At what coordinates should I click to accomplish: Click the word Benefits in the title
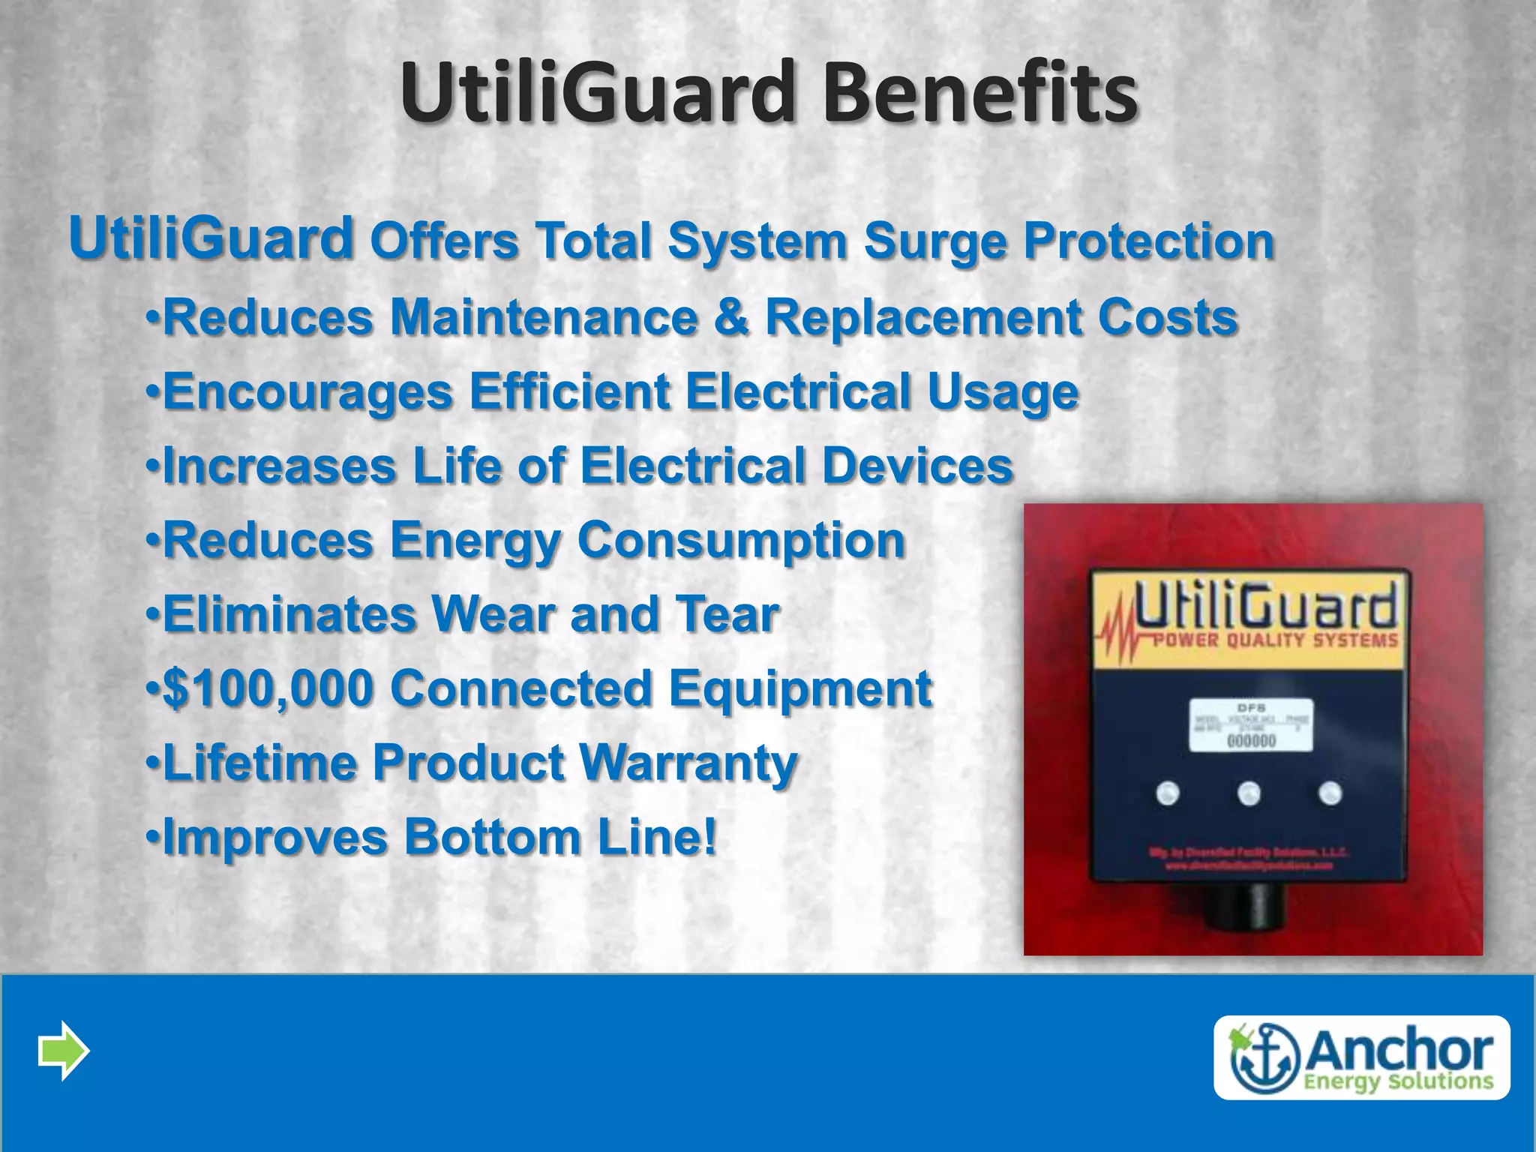click(980, 94)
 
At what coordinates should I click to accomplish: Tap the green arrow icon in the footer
click(64, 1050)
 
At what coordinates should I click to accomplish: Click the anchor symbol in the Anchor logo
click(1264, 1057)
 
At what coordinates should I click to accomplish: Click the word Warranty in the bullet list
click(688, 763)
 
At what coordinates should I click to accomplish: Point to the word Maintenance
click(544, 316)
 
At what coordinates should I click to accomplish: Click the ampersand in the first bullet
click(732, 316)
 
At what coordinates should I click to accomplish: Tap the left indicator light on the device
click(1168, 793)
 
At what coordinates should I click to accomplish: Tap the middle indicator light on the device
click(1249, 793)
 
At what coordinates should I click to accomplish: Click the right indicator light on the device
click(1330, 793)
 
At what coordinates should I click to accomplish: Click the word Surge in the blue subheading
click(934, 241)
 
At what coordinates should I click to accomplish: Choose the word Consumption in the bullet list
click(741, 540)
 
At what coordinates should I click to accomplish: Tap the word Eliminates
click(289, 614)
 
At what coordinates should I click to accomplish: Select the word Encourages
click(307, 391)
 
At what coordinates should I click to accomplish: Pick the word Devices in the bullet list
click(917, 466)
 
